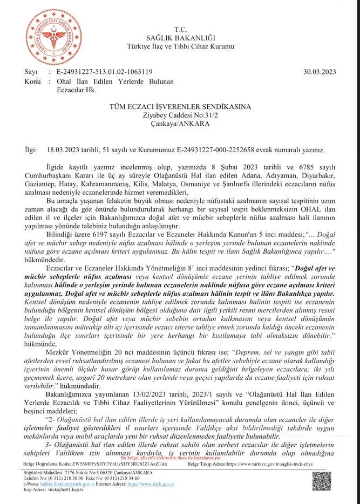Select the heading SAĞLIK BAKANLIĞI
(x=180, y=37)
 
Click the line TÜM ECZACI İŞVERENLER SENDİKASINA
(x=180, y=108)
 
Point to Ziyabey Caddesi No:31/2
(x=180, y=115)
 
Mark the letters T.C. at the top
(x=180, y=28)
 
